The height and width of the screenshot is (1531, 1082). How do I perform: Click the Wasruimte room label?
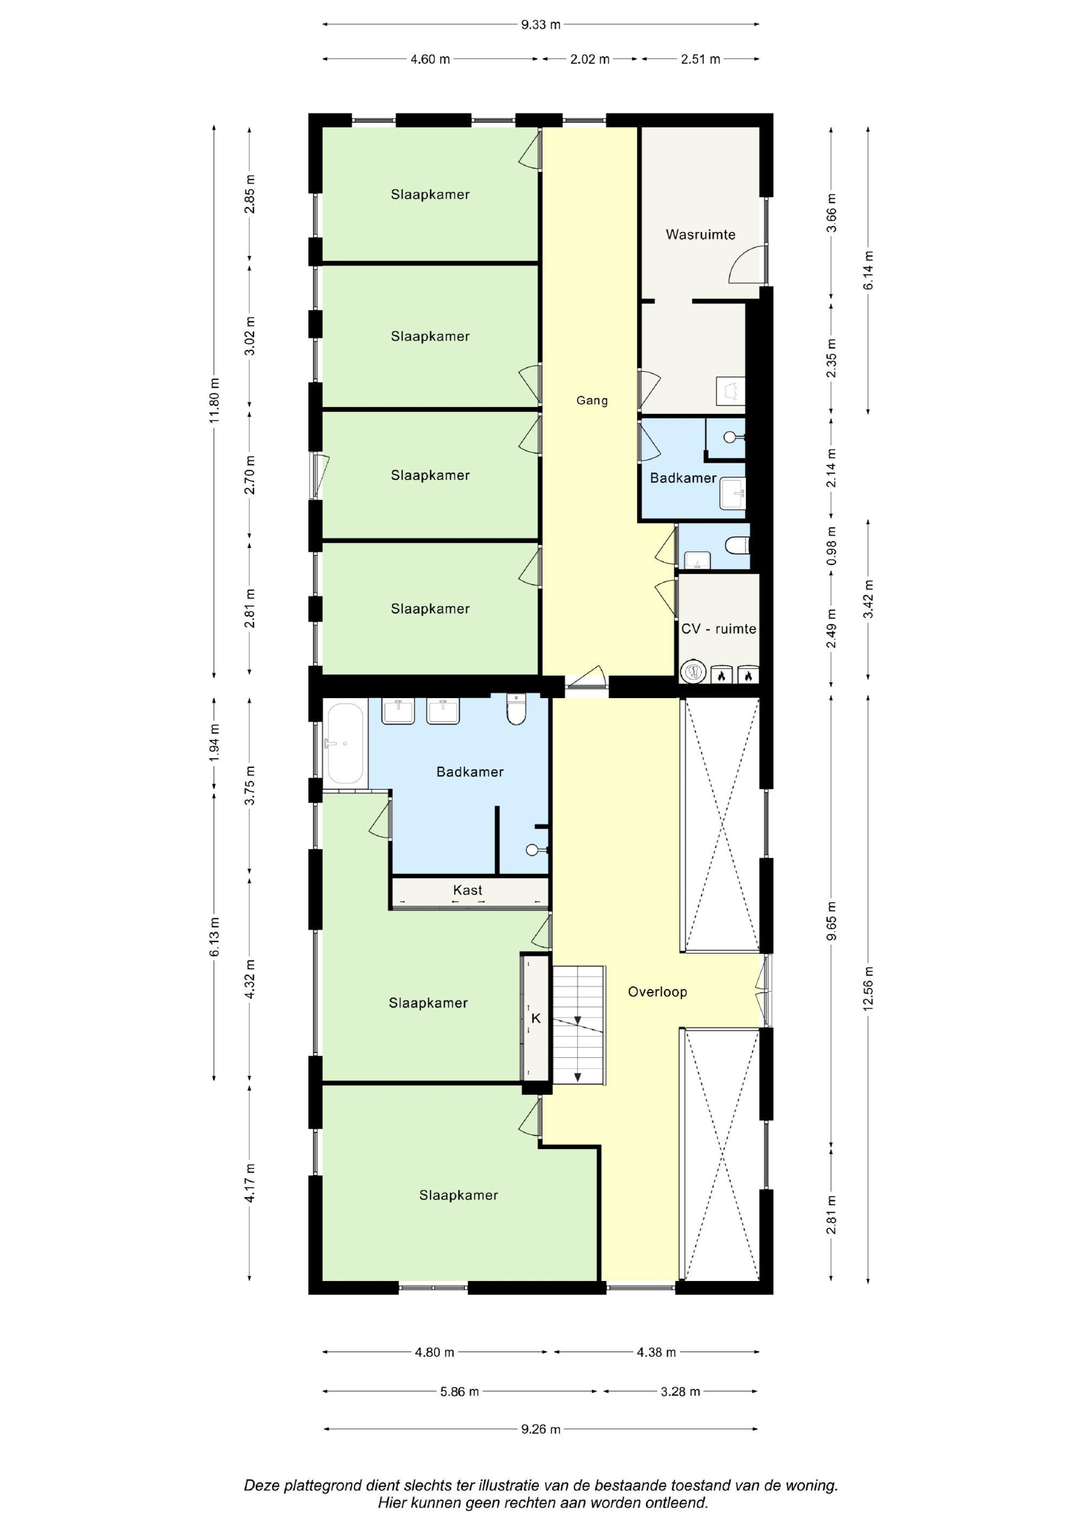700,235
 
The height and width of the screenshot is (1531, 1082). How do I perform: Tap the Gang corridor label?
592,401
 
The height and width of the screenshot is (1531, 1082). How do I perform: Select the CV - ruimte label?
718,629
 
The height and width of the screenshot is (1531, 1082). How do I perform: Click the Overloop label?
657,991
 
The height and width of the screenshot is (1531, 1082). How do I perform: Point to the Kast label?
467,890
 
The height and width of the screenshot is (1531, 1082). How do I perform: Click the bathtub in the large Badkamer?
345,744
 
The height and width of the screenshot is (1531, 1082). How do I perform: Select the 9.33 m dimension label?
540,25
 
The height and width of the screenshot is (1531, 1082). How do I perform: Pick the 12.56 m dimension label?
868,988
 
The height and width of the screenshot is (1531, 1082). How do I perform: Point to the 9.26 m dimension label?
540,1429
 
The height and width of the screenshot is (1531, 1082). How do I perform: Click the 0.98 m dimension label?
832,546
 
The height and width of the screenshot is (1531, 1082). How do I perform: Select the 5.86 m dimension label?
459,1391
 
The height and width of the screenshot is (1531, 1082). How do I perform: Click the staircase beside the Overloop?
579,1025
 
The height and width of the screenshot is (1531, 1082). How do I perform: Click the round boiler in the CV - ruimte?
694,672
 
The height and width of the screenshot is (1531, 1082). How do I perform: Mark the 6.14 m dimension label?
868,270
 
